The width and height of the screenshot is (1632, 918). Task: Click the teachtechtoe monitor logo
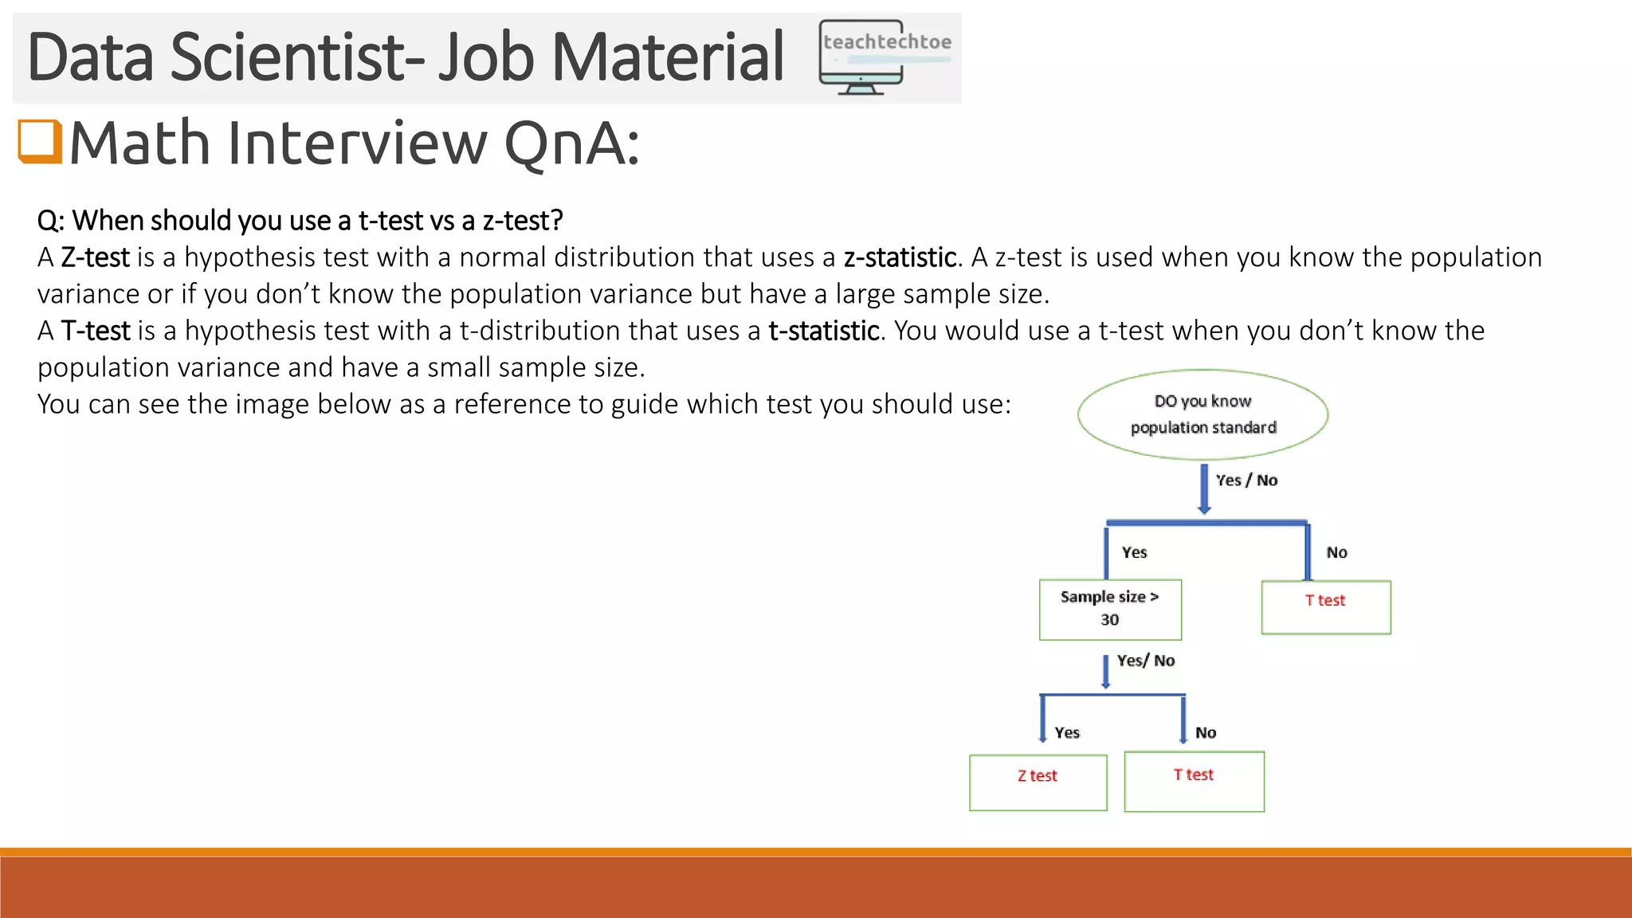click(885, 57)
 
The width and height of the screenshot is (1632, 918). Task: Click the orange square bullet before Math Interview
click(40, 142)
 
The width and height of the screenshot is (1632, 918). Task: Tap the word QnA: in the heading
click(571, 143)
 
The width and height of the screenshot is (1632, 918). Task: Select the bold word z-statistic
click(900, 257)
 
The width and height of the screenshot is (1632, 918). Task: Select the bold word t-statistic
click(824, 331)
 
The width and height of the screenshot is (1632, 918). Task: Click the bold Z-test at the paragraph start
click(95, 257)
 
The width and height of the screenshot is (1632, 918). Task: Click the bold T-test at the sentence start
click(96, 331)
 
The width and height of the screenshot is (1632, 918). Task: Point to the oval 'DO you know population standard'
click(1202, 414)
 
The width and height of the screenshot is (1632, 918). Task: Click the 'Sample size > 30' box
click(1110, 609)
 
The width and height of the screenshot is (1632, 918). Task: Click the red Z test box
click(1038, 782)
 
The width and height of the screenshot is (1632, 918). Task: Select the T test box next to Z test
click(1194, 781)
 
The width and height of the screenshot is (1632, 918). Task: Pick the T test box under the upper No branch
click(1326, 606)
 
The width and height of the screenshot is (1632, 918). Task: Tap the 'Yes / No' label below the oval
click(1246, 480)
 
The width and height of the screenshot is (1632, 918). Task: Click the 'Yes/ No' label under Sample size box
click(1145, 661)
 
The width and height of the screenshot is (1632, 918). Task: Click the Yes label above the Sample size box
click(1134, 552)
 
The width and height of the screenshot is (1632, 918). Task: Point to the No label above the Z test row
click(1205, 732)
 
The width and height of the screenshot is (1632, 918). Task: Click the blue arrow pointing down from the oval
click(1204, 488)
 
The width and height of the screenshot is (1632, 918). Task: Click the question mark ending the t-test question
click(557, 221)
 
